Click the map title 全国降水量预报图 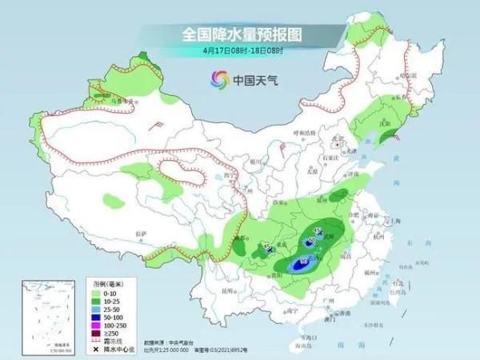pos(239,34)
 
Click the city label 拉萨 pos(141,234)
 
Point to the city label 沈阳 pos(390,126)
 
